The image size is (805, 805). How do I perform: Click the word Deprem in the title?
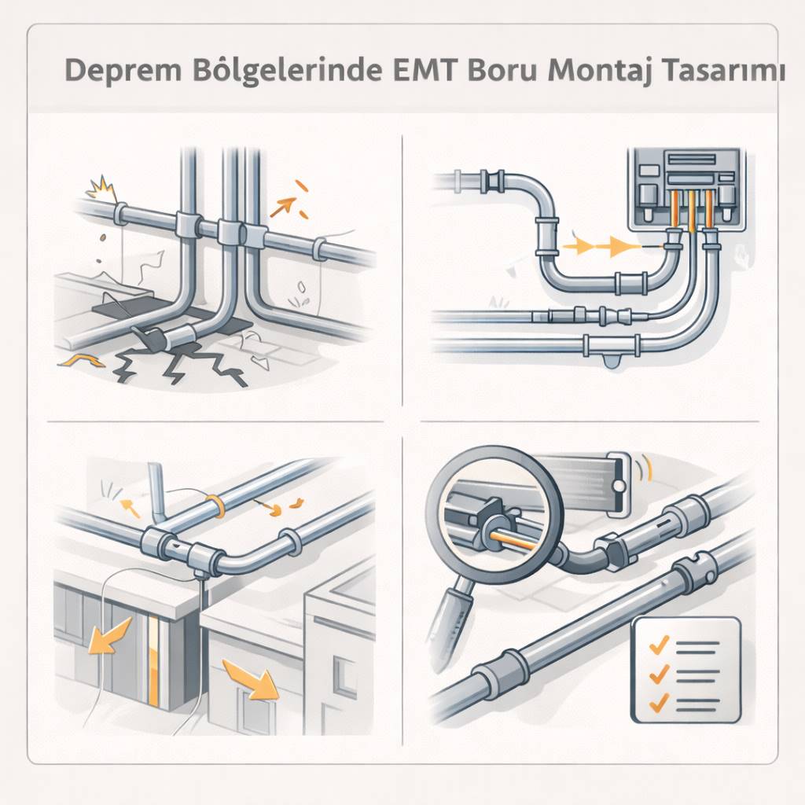pos(123,71)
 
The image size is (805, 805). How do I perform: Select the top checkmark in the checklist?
pos(659,645)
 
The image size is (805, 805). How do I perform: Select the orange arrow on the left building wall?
pos(110,634)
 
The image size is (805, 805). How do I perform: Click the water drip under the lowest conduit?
pos(612,362)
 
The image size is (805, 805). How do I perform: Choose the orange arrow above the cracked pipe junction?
pos(284,207)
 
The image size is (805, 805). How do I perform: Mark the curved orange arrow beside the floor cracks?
pos(81,360)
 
